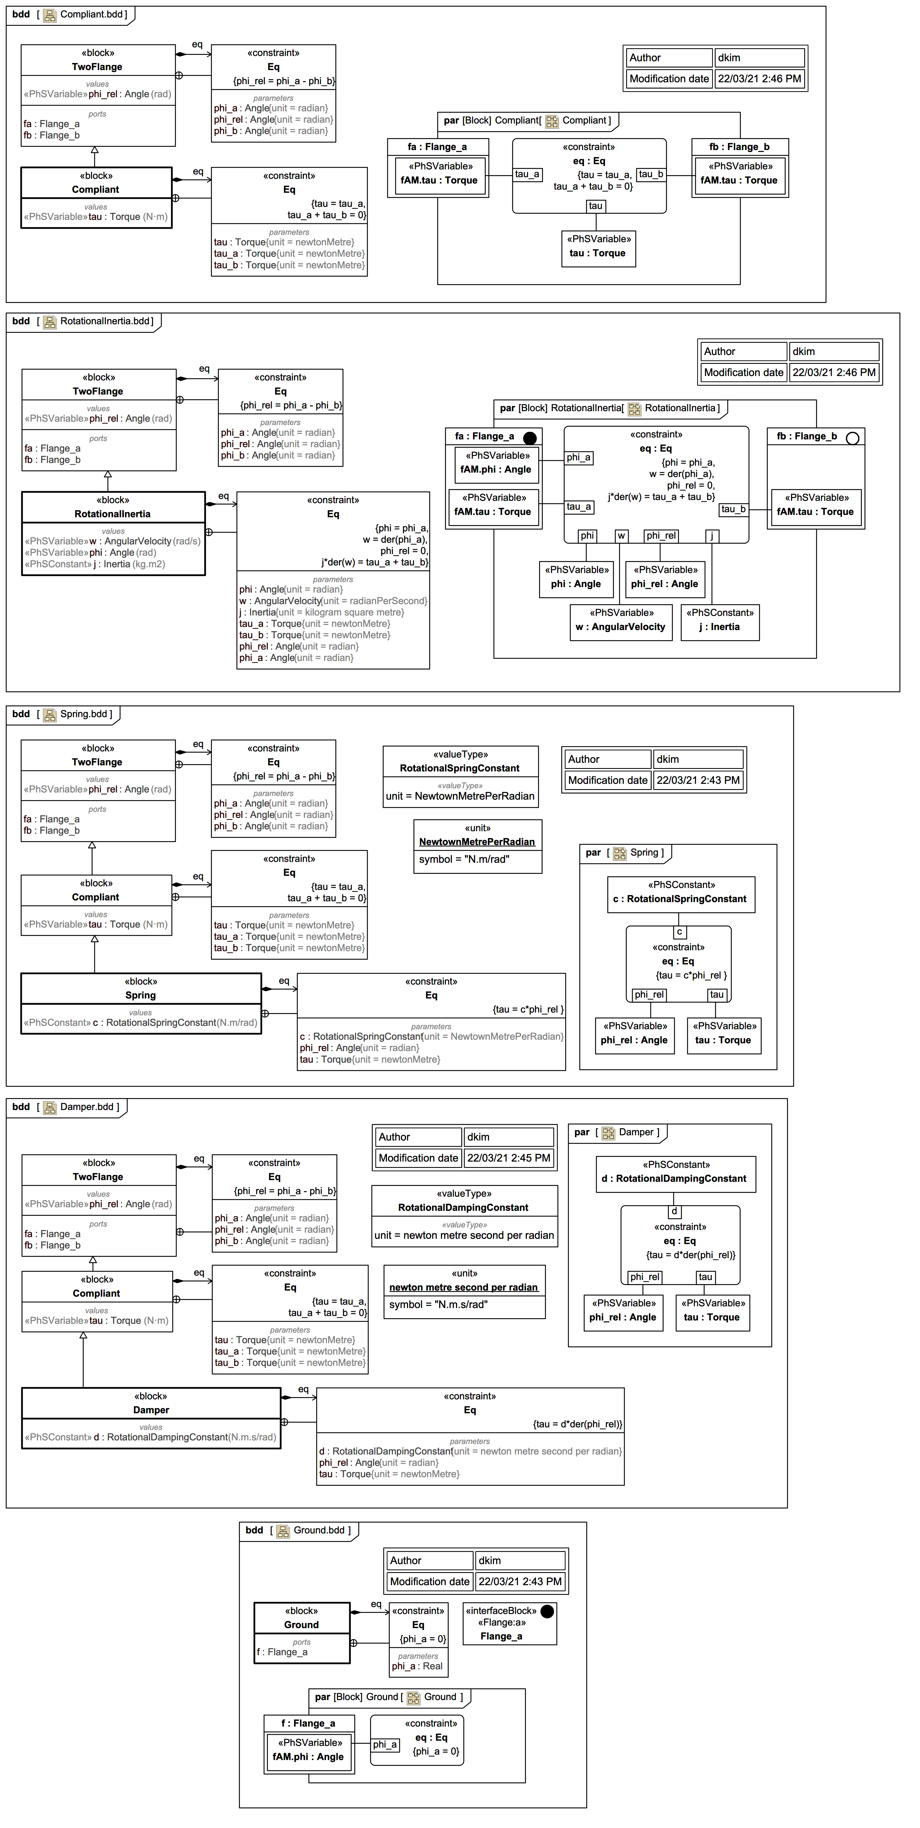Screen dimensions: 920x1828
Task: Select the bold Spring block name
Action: coord(141,995)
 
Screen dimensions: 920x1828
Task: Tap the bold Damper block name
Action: coord(151,1409)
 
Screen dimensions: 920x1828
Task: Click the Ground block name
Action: coord(302,1624)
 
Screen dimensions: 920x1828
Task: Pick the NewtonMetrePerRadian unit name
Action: coord(477,842)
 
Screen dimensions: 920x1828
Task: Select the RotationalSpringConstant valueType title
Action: coord(460,768)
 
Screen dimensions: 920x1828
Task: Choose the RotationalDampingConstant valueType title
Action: coord(463,1207)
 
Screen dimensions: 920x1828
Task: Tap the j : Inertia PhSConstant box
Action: coord(720,622)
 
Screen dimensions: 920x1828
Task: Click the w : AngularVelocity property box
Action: coord(621,622)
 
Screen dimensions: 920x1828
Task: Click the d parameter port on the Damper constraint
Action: coord(674,1211)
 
